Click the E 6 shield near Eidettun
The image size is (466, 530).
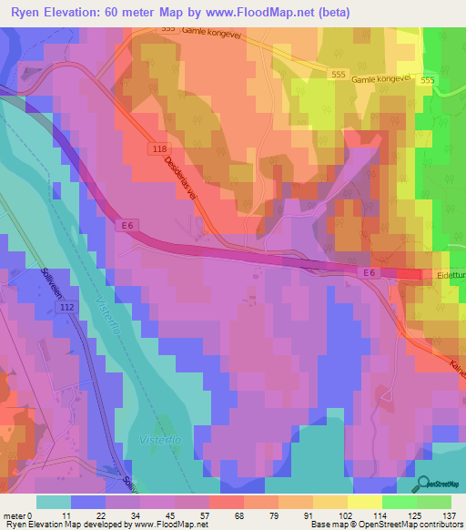click(x=368, y=272)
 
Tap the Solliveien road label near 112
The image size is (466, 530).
click(x=53, y=284)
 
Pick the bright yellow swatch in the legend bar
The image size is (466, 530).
click(x=365, y=502)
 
